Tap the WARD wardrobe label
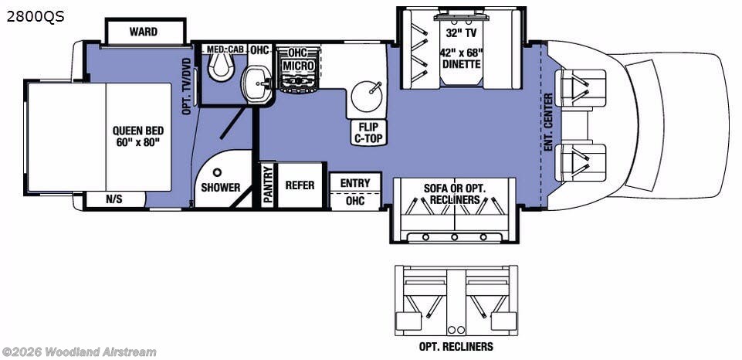click(x=144, y=32)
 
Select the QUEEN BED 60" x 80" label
click(x=137, y=137)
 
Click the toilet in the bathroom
click(x=222, y=66)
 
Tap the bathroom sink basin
click(x=255, y=83)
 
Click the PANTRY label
click(x=268, y=185)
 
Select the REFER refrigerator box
click(x=300, y=185)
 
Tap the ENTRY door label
click(x=355, y=183)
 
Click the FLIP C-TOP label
click(x=368, y=133)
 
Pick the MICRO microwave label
click(x=297, y=66)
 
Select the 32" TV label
click(x=462, y=33)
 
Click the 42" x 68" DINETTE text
click(x=462, y=59)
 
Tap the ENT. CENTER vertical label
click(x=548, y=122)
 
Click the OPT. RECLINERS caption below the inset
click(x=456, y=347)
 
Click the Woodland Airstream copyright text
click(x=79, y=352)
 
